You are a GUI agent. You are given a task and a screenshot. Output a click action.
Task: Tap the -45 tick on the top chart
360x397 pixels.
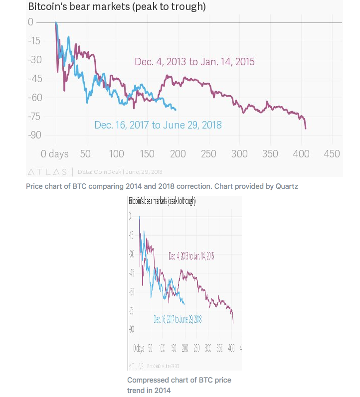coord(34,79)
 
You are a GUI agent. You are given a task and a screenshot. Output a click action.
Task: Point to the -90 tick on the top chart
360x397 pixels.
coord(34,135)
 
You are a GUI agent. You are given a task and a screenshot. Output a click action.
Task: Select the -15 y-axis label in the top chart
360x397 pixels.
coord(34,41)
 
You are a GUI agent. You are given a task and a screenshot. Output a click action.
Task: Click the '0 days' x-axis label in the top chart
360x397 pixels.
coord(54,154)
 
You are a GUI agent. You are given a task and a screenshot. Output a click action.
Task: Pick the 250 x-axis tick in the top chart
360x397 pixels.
coord(209,154)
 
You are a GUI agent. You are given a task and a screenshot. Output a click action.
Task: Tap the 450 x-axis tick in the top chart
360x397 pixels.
coord(332,154)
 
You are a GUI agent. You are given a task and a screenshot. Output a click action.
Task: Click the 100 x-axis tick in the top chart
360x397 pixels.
coord(117,154)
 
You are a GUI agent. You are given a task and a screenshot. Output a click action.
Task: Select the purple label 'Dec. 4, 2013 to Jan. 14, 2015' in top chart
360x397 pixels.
coord(194,62)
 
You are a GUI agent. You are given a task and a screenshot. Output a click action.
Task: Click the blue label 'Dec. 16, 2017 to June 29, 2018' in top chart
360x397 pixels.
coord(158,125)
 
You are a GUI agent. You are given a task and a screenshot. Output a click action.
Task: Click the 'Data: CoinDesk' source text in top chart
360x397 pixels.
coord(120,172)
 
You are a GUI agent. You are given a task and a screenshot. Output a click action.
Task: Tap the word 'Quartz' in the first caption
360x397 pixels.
coord(287,186)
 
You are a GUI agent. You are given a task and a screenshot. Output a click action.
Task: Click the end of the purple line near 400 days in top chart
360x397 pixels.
coord(305,128)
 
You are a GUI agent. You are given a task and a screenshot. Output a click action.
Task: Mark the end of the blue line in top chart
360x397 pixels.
coord(176,110)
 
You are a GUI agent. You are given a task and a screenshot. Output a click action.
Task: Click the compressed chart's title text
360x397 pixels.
coord(162,202)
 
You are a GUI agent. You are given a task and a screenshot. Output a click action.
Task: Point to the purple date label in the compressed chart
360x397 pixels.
coord(191,257)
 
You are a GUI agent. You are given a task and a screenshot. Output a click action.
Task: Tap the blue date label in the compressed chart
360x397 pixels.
coord(178,319)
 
